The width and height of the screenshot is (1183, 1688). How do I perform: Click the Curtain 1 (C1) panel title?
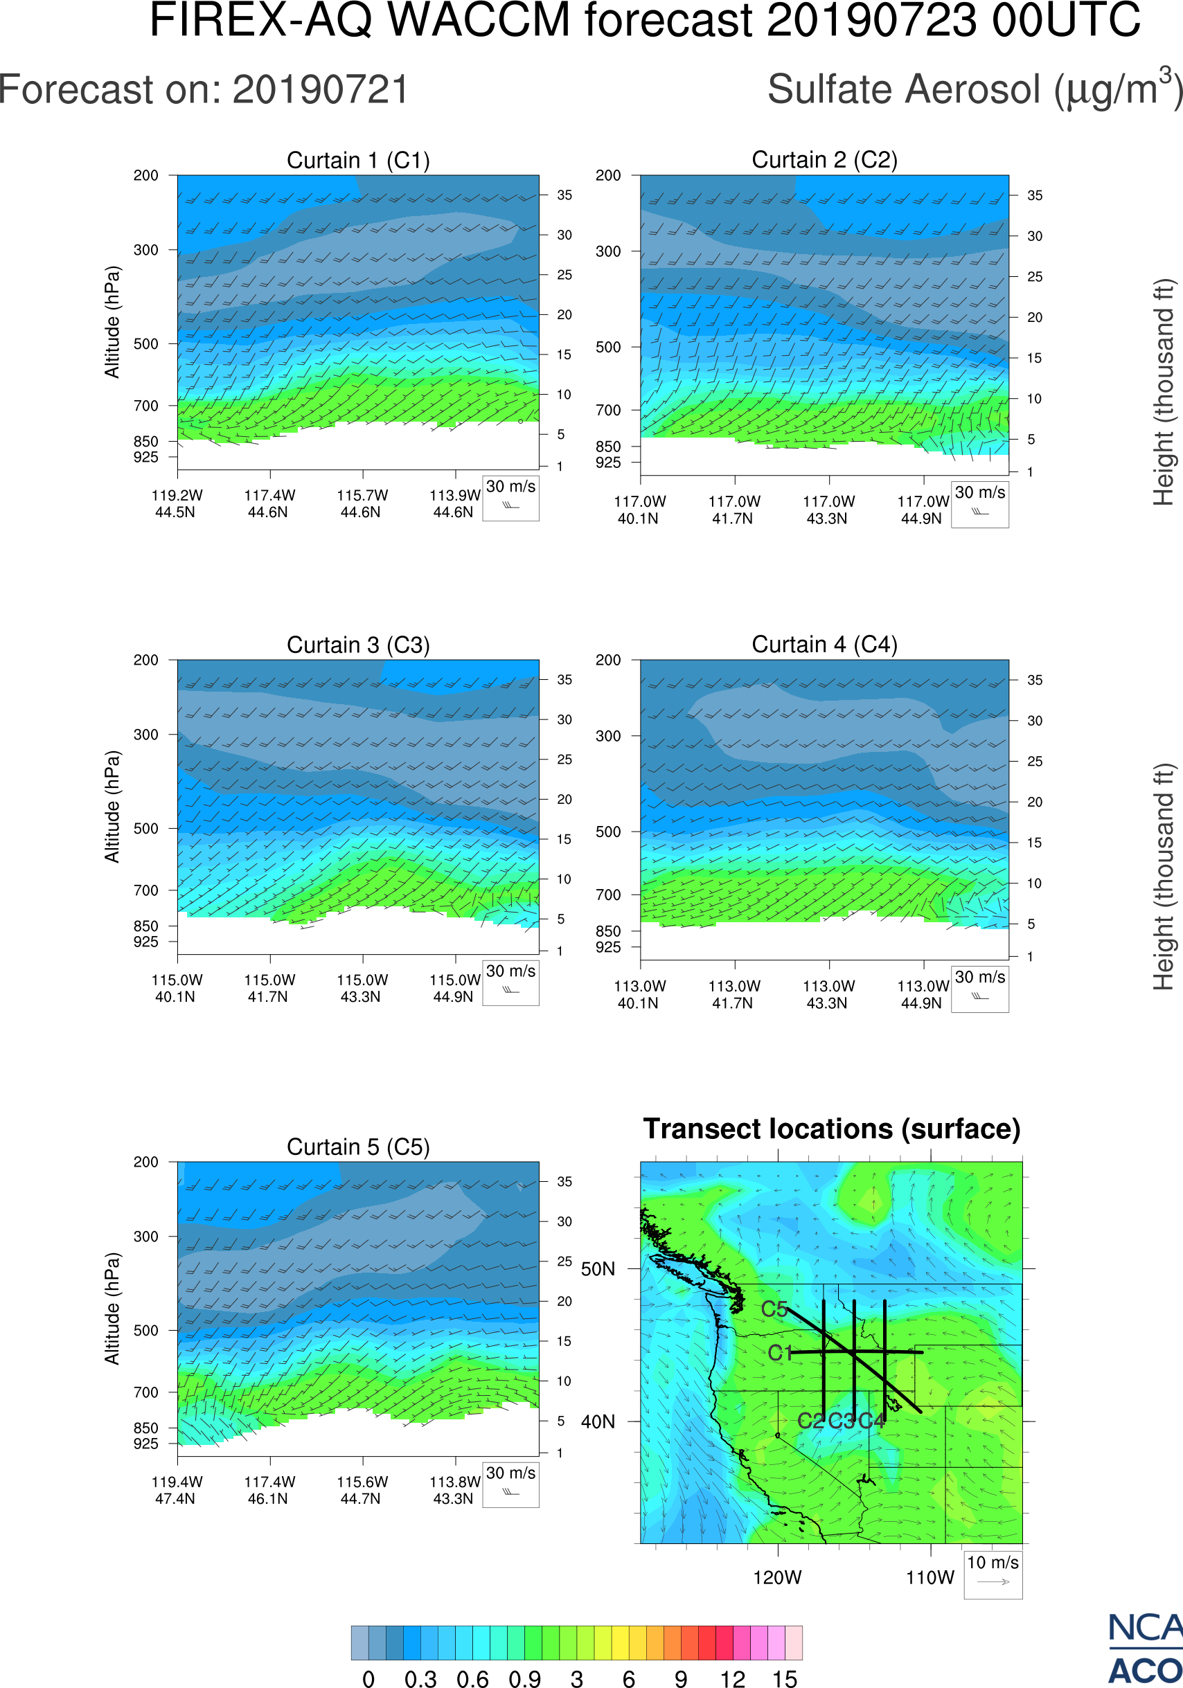[x=358, y=160]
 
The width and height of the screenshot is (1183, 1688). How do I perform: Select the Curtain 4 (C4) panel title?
[x=824, y=645]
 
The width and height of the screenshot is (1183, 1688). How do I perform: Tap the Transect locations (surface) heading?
[x=832, y=1129]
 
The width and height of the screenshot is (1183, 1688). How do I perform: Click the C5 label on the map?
[x=774, y=1309]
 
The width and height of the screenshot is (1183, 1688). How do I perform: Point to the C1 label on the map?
[x=780, y=1353]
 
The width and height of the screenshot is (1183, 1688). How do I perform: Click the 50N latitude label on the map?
[x=598, y=1270]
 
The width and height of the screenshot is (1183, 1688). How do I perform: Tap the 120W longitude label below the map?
[x=777, y=1577]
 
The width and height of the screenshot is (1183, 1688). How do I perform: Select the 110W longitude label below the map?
[x=930, y=1577]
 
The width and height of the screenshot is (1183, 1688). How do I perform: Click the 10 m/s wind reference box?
[x=993, y=1574]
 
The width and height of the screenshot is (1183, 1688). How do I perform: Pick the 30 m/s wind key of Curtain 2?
[x=979, y=504]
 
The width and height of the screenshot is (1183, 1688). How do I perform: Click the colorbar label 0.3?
[x=420, y=1678]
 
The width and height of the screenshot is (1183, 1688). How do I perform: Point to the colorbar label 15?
[x=785, y=1678]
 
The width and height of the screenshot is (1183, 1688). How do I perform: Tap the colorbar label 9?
[x=681, y=1678]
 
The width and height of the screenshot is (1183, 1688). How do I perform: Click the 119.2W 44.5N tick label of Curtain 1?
[x=177, y=503]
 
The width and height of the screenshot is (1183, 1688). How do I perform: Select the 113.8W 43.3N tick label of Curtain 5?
[x=454, y=1490]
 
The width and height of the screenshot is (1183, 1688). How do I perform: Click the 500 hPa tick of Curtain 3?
[x=145, y=829]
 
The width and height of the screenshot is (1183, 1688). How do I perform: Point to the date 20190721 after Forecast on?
[x=321, y=91]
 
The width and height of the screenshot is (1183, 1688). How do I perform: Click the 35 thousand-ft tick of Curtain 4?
[x=1035, y=680]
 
